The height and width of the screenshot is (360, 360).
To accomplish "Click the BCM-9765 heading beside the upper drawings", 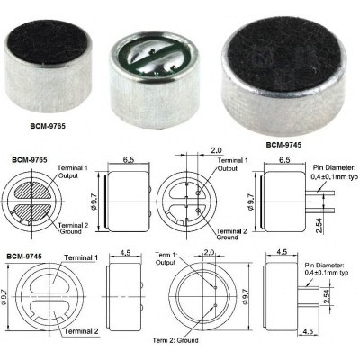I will tap(29, 159).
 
